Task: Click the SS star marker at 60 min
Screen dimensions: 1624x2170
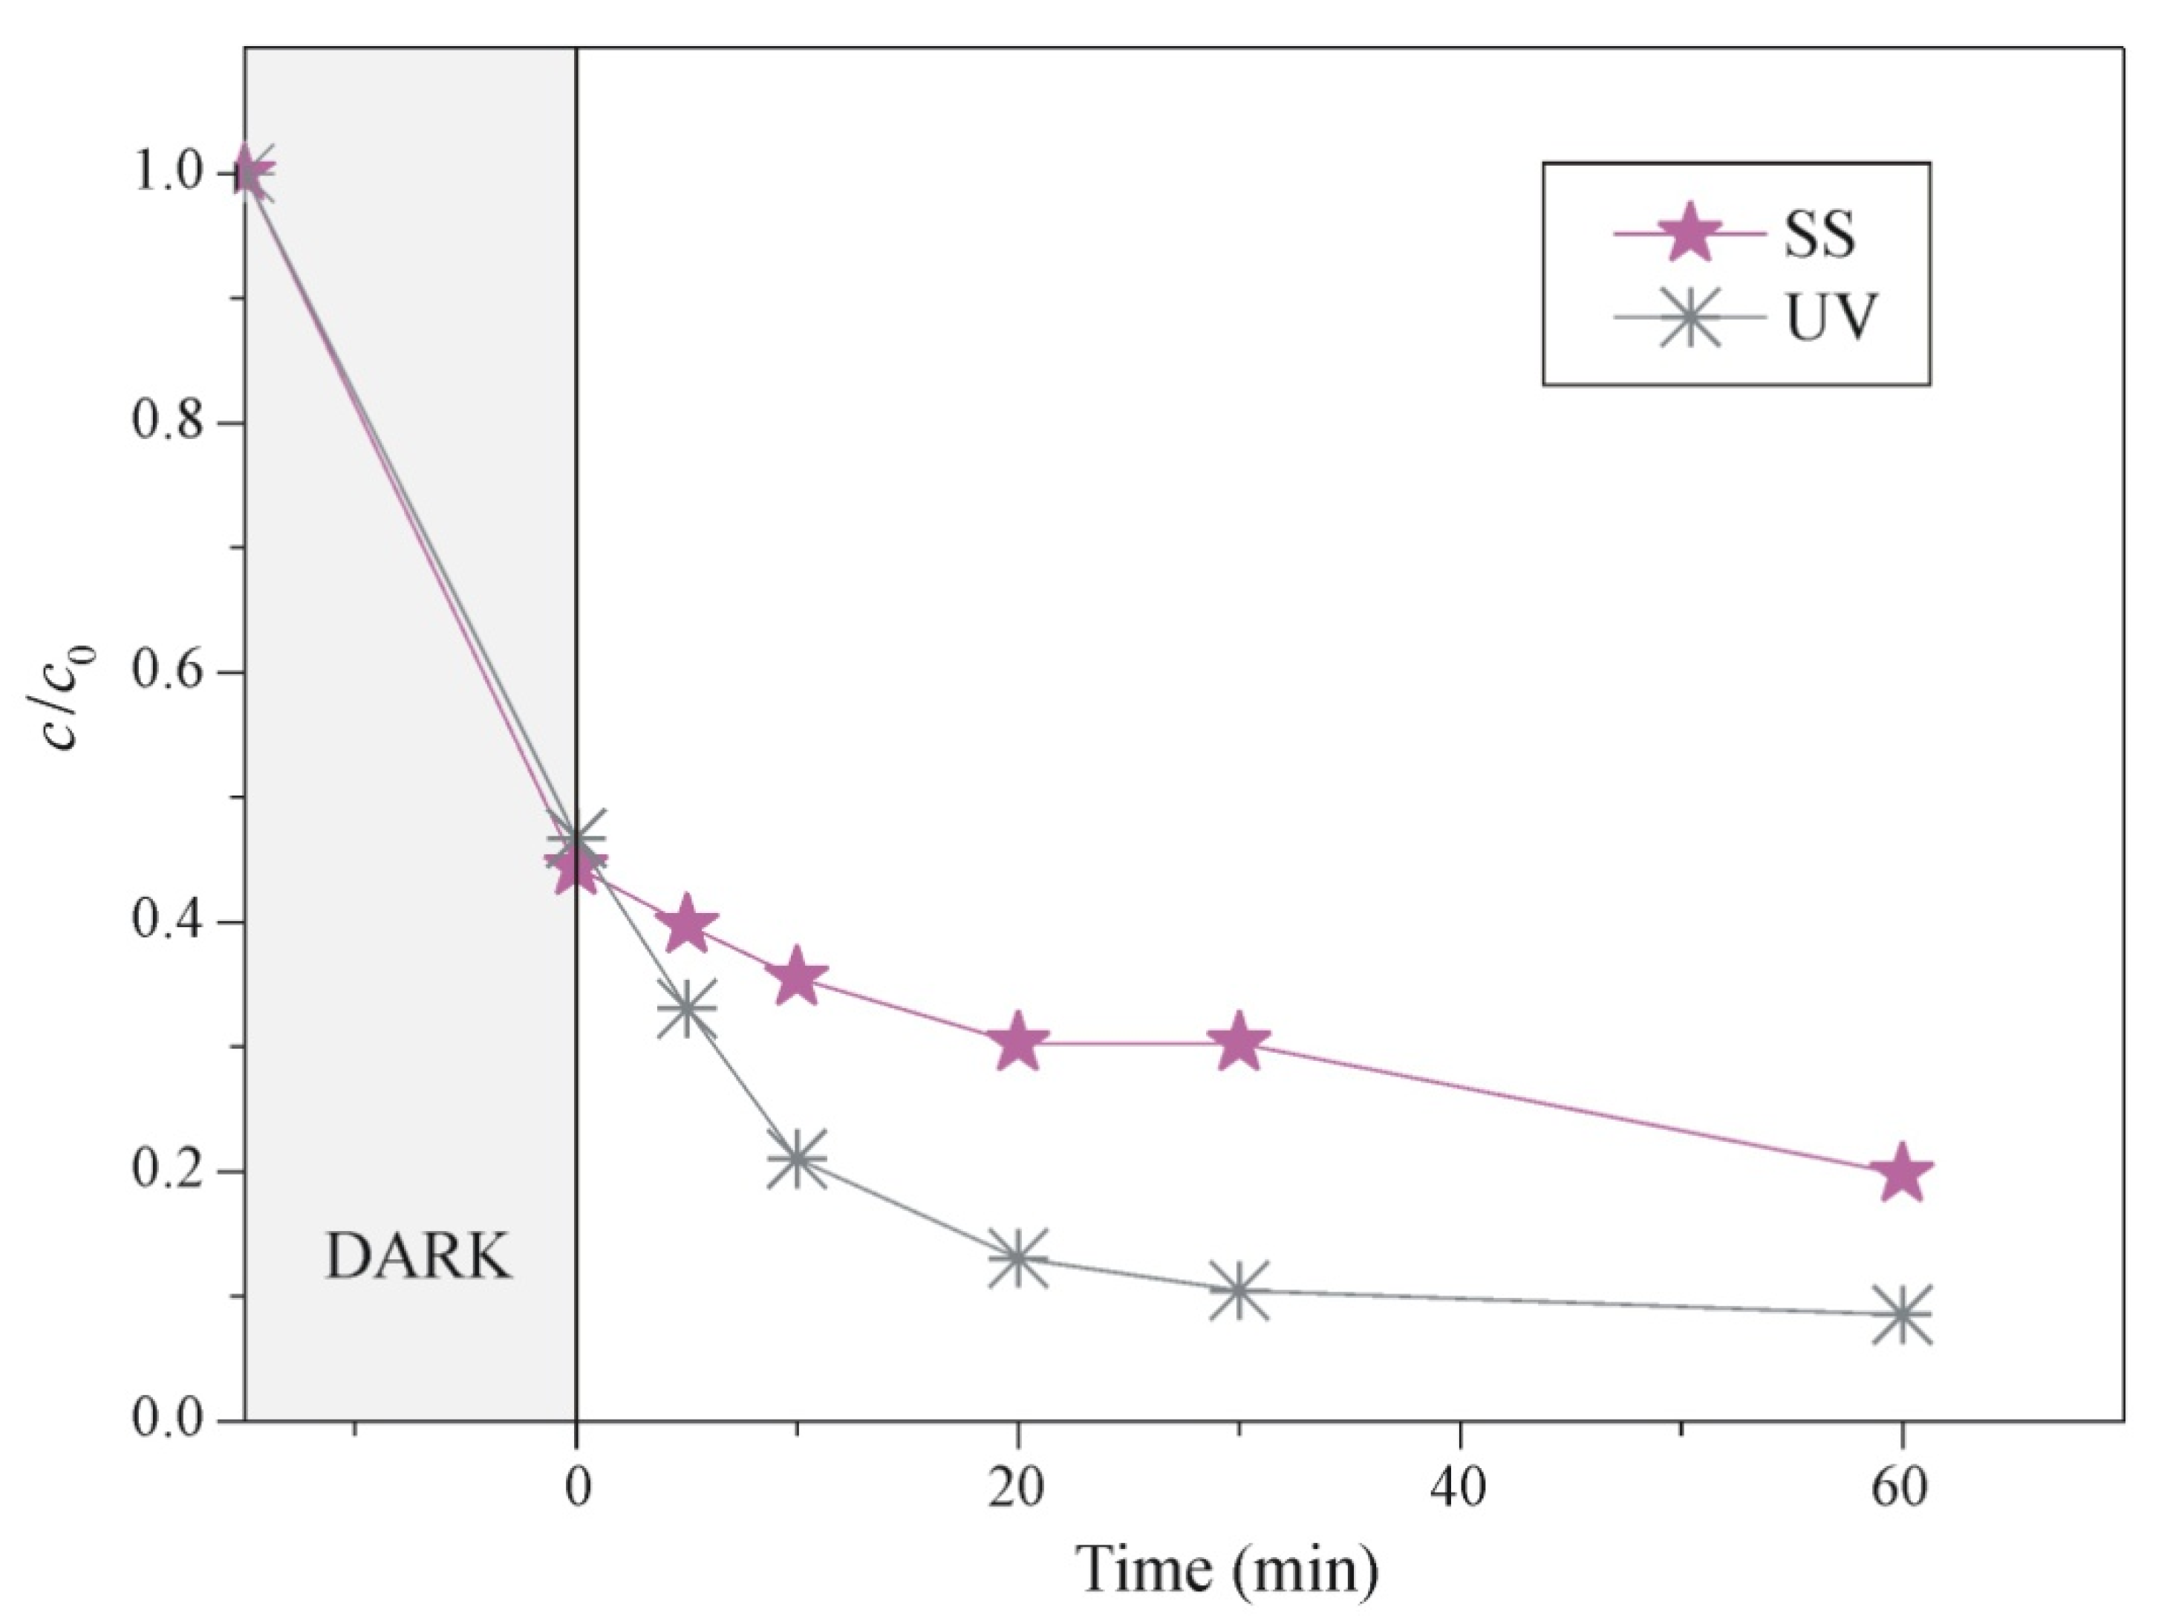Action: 1901,1172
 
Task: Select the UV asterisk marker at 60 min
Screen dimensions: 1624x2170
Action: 1901,1314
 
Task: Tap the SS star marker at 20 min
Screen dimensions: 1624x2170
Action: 1017,1042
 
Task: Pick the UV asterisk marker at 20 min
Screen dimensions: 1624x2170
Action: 1017,1257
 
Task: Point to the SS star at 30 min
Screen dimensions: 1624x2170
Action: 1239,1042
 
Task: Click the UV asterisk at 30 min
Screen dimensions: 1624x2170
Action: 1239,1290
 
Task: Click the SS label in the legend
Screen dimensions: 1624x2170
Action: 1819,236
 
